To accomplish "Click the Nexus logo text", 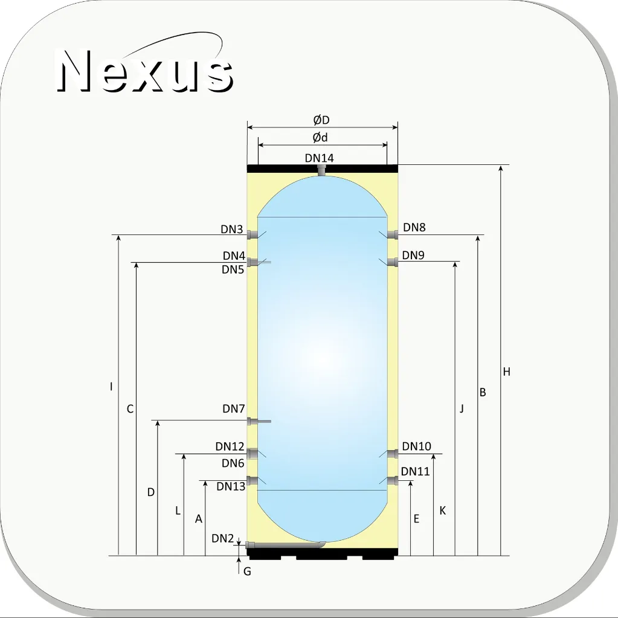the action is pyautogui.click(x=144, y=70).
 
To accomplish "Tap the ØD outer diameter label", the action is pyautogui.click(x=321, y=120).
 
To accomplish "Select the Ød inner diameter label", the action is pyautogui.click(x=320, y=138).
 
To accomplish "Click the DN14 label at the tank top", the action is pyautogui.click(x=319, y=158).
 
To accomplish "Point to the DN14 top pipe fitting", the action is pyautogui.click(x=323, y=170).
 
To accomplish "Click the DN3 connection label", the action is pyautogui.click(x=232, y=230).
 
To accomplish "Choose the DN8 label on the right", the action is pyautogui.click(x=414, y=227).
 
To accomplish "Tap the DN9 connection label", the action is pyautogui.click(x=413, y=256).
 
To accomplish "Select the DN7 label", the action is pyautogui.click(x=234, y=409).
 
